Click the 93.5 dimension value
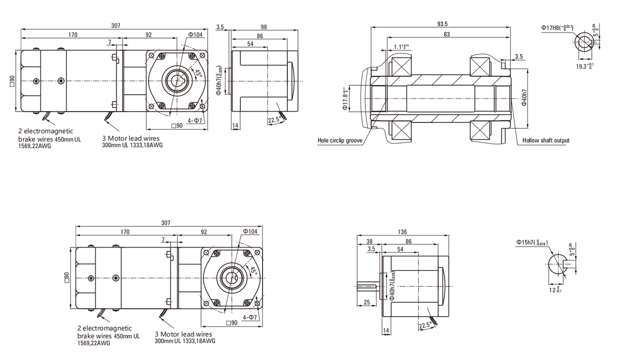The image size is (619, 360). coord(442,24)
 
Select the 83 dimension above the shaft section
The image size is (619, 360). coord(447,35)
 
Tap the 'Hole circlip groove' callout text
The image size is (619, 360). coord(340,141)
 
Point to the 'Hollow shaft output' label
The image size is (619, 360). coord(546,141)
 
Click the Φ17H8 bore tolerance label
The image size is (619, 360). coord(557,28)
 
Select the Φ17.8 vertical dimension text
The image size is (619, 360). coord(345,99)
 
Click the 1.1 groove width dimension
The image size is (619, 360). coord(401,47)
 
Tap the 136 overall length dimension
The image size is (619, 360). coord(402,232)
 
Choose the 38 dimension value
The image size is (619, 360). coord(369,242)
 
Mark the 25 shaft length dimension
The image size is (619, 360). coord(367,302)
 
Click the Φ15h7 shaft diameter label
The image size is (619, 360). coord(531,242)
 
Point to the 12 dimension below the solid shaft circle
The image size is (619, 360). coord(555,290)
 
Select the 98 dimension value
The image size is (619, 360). coord(264,27)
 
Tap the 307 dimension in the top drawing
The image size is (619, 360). coord(116,26)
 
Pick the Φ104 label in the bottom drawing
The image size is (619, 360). coord(250,231)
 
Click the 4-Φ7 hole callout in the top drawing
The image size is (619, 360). coord(195,121)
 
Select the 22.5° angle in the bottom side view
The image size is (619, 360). coord(425,325)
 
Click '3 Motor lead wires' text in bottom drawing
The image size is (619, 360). coord(183,334)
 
